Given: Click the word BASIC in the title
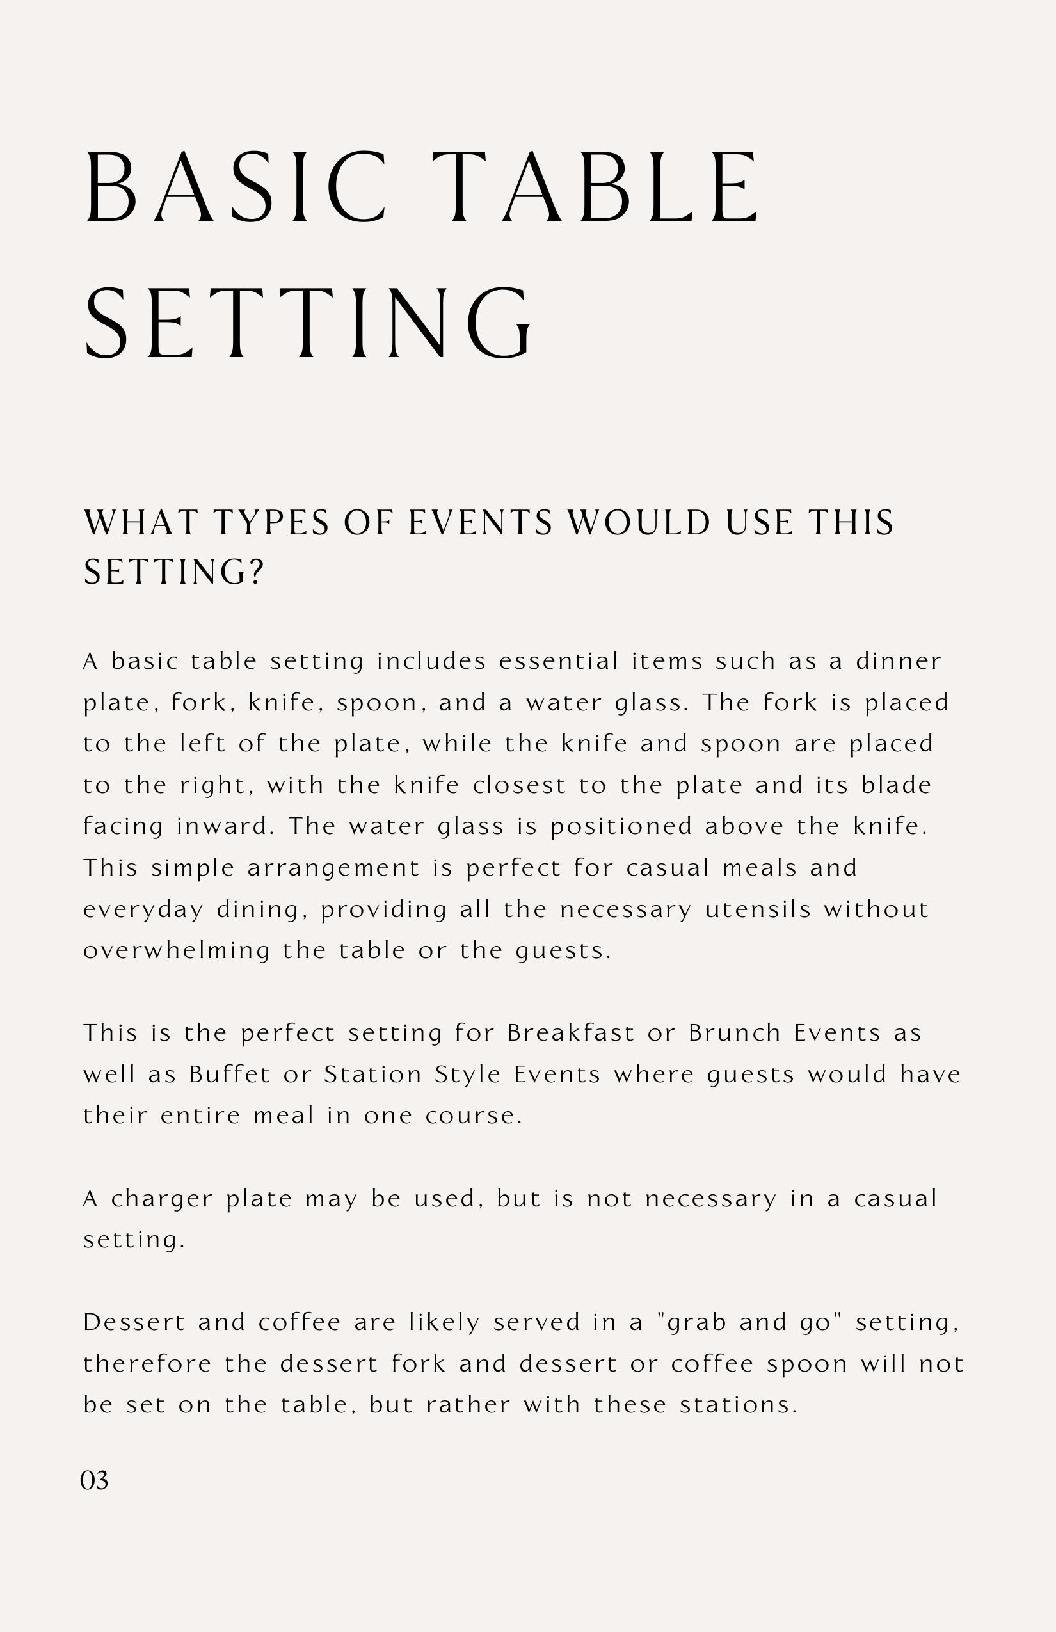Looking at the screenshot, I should tap(236, 186).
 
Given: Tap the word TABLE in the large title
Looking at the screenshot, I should tap(596, 186).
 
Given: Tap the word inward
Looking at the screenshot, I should tap(224, 826).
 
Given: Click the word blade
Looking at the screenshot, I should tap(895, 785).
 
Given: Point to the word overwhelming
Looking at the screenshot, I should tap(176, 951).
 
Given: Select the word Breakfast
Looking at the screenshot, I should tap(570, 1033).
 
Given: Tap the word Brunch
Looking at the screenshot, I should tap(735, 1033).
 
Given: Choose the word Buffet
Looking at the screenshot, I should tap(230, 1074).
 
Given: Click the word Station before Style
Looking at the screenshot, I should tap(372, 1074).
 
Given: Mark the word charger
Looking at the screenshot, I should tap(162, 1199).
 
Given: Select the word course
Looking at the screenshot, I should tap(473, 1116).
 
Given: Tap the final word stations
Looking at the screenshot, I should tap(739, 1405).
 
